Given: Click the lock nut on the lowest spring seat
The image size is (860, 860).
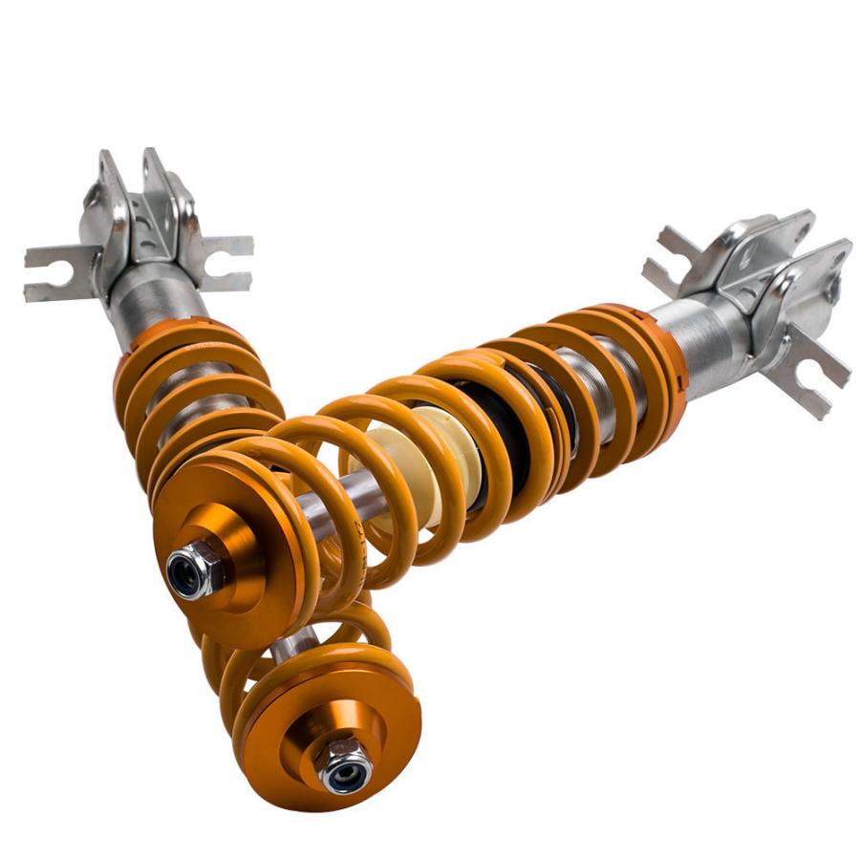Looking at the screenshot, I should tap(345, 763).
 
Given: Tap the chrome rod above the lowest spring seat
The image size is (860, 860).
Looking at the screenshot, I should tap(288, 650).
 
